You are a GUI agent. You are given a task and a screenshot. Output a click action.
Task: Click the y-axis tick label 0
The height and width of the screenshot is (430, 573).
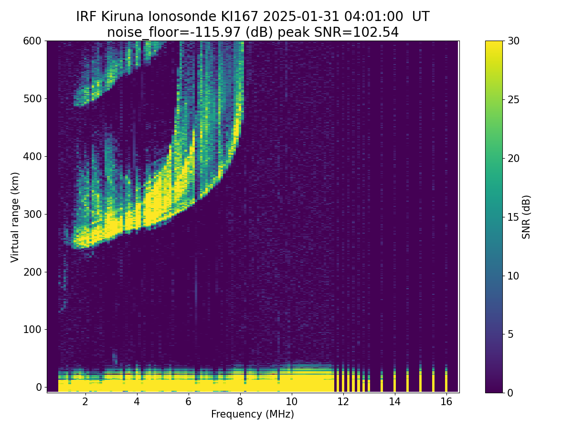pos(38,387)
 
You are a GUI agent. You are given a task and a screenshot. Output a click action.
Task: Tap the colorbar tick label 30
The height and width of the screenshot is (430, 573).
pos(514,41)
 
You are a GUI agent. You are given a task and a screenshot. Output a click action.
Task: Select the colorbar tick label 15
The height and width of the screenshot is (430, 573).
pos(514,217)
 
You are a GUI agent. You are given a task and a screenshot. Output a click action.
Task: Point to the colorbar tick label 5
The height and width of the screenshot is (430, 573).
pos(511,334)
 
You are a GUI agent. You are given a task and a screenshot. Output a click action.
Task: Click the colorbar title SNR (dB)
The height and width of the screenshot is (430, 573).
pos(526,216)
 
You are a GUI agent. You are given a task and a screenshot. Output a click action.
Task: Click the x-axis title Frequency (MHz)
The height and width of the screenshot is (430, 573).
pos(253,414)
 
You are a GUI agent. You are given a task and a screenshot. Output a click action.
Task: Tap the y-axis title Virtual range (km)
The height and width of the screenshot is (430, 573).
pos(15,217)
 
